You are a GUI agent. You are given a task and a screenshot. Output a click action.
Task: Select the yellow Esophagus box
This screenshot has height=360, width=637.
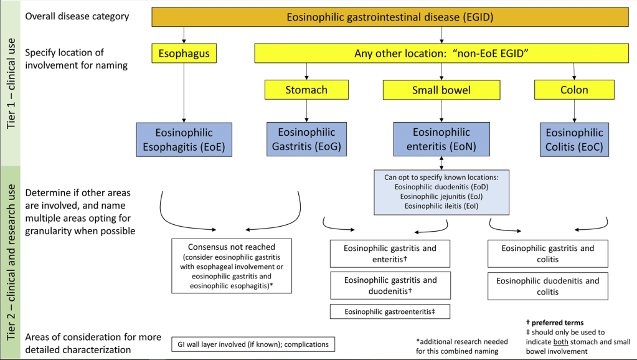[184, 54]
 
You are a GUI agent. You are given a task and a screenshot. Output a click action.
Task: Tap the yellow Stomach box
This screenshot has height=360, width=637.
[306, 90]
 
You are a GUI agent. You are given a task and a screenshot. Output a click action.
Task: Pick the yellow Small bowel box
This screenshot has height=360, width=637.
[441, 90]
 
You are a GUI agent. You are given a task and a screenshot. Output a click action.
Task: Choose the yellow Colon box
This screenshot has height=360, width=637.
[573, 90]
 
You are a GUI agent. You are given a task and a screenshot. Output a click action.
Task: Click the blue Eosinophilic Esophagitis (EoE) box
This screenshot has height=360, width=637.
[184, 140]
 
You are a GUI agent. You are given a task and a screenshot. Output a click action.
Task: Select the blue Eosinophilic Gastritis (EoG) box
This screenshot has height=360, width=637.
[306, 140]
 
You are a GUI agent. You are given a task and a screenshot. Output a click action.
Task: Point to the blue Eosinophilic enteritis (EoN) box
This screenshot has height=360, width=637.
[441, 140]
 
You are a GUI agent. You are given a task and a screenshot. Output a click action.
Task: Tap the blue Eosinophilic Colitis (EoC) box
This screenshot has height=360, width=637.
[574, 140]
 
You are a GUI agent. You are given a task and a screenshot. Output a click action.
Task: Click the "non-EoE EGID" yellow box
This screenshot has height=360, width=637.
[441, 54]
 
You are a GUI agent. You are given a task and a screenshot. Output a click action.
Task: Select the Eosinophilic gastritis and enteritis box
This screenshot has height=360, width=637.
[390, 253]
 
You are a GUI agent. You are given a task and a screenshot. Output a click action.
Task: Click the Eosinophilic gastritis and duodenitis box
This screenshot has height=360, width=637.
[390, 285]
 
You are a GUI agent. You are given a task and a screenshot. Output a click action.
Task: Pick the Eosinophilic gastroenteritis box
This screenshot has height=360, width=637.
[390, 311]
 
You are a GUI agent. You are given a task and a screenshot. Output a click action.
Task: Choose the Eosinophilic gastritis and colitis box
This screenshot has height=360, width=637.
[547, 253]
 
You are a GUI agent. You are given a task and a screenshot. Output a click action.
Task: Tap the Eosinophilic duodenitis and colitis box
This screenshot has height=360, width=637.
[547, 286]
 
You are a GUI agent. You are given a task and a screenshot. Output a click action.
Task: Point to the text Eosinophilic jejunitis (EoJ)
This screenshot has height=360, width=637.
[441, 196]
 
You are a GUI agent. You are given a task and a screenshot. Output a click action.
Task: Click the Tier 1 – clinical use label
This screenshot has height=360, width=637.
[11, 83]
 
